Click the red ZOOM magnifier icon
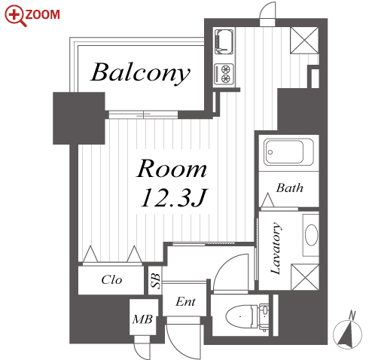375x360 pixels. click(16, 16)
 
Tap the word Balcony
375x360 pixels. click(140, 73)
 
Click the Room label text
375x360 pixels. click(172, 169)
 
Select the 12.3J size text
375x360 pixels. click(173, 197)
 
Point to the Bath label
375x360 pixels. click(290, 188)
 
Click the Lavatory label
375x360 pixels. click(276, 248)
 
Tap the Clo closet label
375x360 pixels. click(111, 279)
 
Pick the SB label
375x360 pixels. click(155, 281)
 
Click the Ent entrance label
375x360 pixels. click(185, 301)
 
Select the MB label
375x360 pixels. click(142, 319)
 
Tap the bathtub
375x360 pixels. click(288, 152)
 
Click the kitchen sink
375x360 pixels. click(224, 41)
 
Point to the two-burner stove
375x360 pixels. click(224, 73)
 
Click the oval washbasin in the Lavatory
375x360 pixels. click(311, 235)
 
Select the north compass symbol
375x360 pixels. click(347, 331)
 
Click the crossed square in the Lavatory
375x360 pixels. click(305, 277)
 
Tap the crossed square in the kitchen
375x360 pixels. click(304, 40)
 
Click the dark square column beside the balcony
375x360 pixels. click(79, 118)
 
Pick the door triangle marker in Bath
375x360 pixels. click(267, 200)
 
